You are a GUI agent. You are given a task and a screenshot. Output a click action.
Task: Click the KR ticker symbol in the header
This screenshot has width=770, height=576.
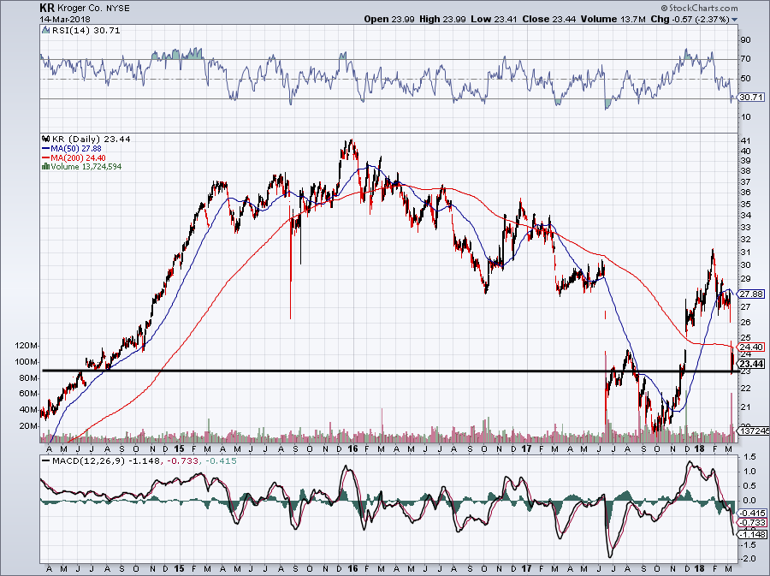(x=45, y=7)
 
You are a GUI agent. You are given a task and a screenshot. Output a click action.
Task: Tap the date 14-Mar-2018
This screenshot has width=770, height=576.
(x=64, y=18)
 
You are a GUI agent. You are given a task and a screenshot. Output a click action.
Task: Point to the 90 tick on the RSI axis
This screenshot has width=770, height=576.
(x=745, y=39)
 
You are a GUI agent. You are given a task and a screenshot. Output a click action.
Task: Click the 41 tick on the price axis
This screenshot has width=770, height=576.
(x=745, y=140)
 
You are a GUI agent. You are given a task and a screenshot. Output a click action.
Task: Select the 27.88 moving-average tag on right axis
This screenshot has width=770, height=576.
(x=752, y=294)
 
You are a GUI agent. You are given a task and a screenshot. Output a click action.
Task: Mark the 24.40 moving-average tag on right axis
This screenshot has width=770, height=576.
(x=752, y=347)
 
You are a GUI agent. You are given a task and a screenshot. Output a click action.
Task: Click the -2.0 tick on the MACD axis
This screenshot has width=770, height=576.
(x=747, y=559)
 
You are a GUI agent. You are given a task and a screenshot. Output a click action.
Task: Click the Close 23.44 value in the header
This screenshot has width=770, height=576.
(x=528, y=18)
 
